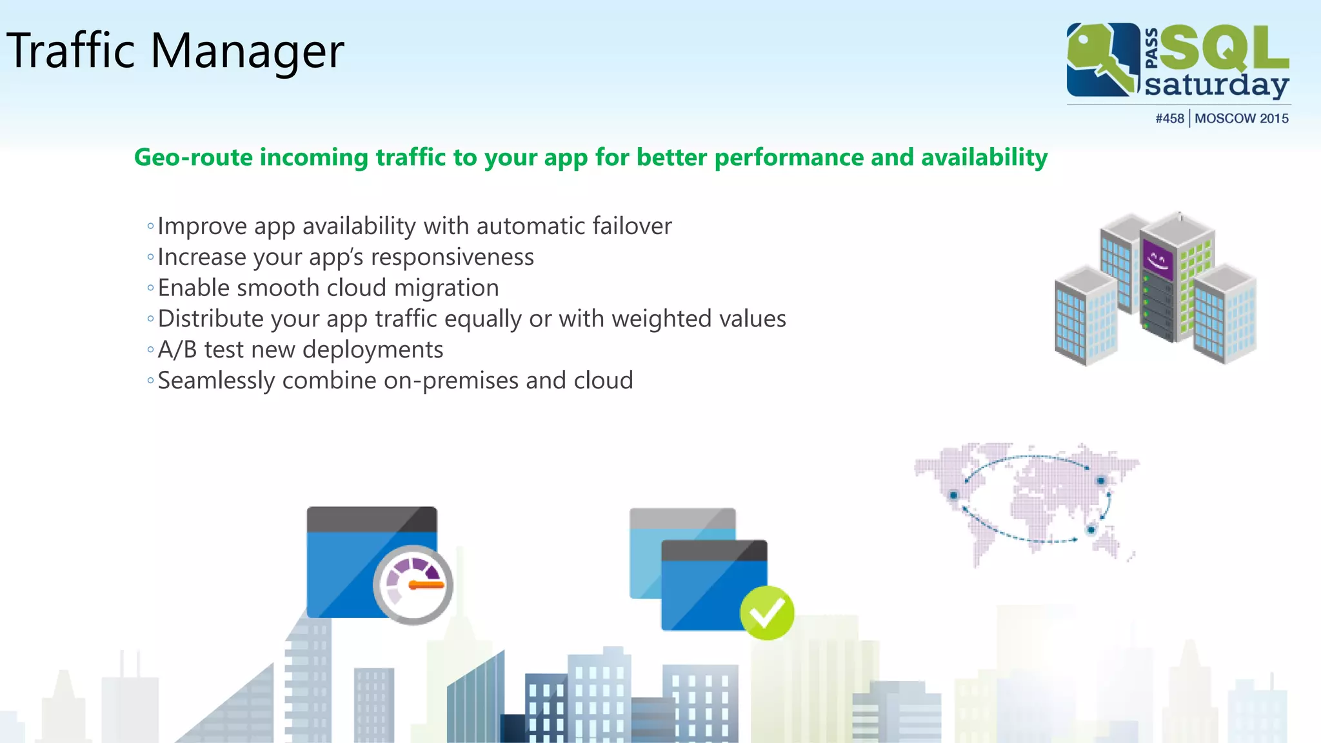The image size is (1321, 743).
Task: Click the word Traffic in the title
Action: click(x=71, y=51)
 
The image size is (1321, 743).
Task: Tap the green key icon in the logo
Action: click(x=1100, y=58)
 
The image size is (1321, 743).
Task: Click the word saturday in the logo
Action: click(x=1217, y=86)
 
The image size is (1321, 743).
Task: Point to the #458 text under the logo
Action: click(x=1169, y=119)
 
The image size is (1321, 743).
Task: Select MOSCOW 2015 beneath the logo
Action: click(x=1241, y=119)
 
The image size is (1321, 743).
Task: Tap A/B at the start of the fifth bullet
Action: click(x=177, y=350)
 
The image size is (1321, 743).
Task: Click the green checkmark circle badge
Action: click(x=766, y=613)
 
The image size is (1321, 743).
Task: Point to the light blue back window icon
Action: click(x=645, y=561)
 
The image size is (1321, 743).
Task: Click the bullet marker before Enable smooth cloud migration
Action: click(x=150, y=288)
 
